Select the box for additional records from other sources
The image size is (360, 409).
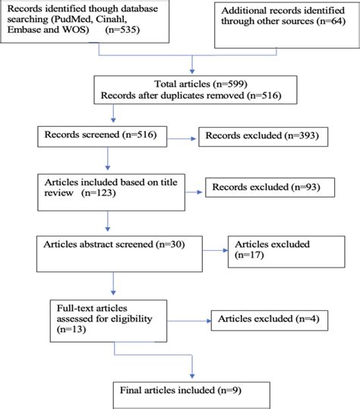pos(283,22)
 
